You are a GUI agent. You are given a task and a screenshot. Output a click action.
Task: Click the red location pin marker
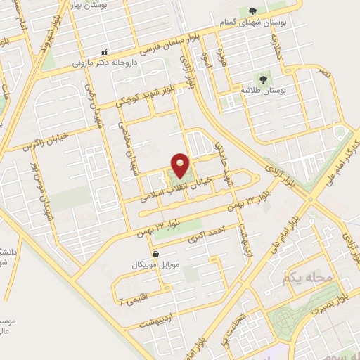tap(180, 165)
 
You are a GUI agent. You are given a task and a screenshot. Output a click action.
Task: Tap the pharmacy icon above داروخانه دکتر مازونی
tap(105, 51)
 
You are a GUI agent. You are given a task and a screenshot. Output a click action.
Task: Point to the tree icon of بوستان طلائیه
tap(263, 79)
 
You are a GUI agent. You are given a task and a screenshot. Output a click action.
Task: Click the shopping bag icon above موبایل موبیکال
tap(155, 254)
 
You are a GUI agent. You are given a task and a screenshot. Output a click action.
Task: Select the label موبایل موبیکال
tap(155, 265)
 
